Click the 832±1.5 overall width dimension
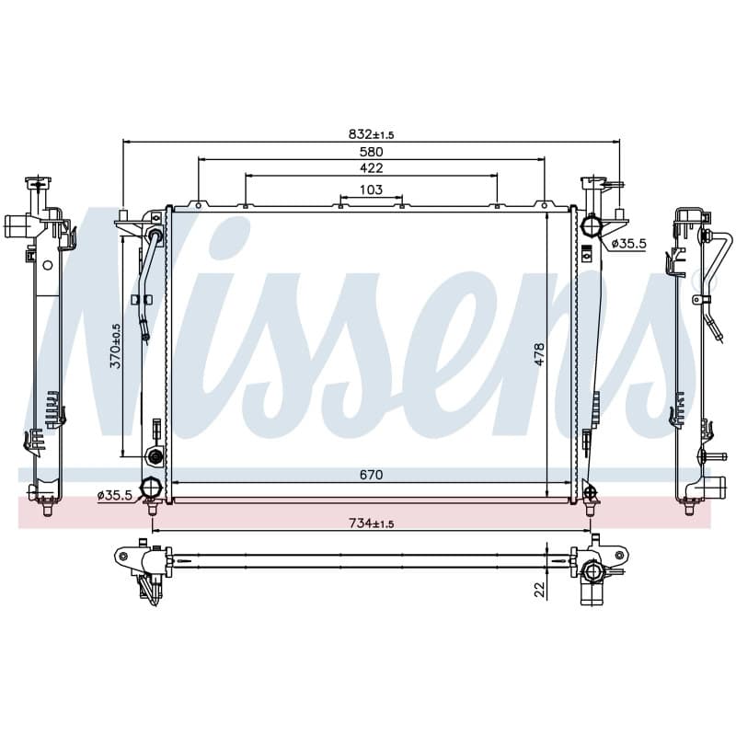pos(371,134)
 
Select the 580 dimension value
pos(371,152)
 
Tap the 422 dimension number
pos(371,167)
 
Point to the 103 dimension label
pos(371,190)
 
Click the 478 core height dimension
pos(539,354)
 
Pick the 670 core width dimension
pos(371,475)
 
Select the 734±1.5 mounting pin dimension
pos(371,523)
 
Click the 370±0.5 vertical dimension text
pos(116,346)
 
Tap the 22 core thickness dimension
pos(540,590)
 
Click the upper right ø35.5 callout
pos(629,243)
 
